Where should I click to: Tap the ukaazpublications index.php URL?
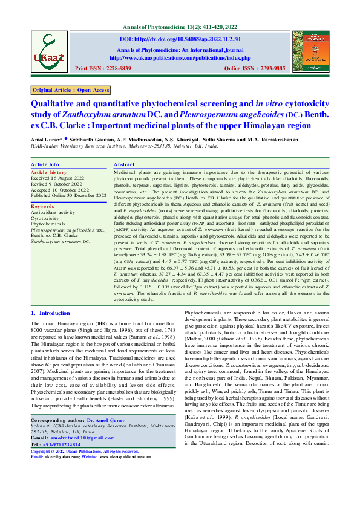(180, 58)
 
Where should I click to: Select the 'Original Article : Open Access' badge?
(71, 90)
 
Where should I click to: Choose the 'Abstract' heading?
(124, 164)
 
